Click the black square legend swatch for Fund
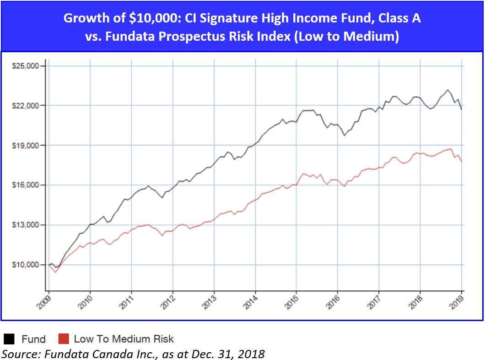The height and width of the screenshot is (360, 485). (9, 339)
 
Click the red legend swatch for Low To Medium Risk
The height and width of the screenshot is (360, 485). (64, 339)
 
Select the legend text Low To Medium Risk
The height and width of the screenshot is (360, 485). (124, 339)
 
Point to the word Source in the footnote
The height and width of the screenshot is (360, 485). (19, 354)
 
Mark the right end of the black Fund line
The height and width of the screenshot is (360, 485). (461, 109)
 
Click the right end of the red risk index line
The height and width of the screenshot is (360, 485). (461, 161)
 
